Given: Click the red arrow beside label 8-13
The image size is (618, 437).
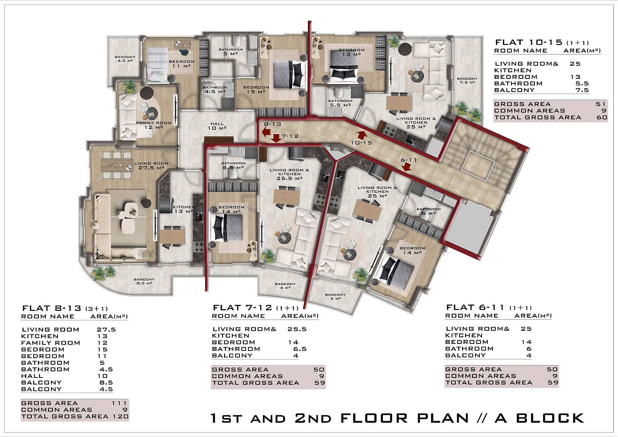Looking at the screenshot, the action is (x=266, y=132).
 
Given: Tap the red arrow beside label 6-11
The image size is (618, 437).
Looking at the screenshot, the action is (x=406, y=167).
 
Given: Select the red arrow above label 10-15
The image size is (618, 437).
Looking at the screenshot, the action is (x=362, y=135).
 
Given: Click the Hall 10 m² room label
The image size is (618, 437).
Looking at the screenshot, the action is (x=217, y=126).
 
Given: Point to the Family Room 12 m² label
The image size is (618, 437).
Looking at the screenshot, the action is (x=154, y=125).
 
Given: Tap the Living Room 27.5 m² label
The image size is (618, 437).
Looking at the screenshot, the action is (x=151, y=165).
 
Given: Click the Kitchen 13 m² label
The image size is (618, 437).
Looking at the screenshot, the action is (x=183, y=209).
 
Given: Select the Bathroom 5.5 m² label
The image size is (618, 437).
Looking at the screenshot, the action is (x=340, y=103).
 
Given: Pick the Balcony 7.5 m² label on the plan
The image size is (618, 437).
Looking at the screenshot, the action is (x=467, y=80).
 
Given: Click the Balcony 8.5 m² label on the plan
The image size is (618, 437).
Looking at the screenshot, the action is (x=144, y=281).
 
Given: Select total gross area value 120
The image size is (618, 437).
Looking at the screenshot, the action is (x=121, y=416).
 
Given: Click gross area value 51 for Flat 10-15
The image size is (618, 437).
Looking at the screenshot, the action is (x=601, y=104).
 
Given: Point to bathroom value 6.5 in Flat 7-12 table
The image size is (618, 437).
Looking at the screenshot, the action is (x=300, y=349).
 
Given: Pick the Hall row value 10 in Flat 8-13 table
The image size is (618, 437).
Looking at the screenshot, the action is (x=102, y=376).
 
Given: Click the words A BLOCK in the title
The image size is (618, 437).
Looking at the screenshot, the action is (x=539, y=418).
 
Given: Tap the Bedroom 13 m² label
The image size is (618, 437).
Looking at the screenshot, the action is (x=351, y=52).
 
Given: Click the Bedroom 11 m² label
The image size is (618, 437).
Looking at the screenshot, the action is (x=182, y=64).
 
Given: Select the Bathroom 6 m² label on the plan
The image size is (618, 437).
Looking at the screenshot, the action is (x=428, y=211).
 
